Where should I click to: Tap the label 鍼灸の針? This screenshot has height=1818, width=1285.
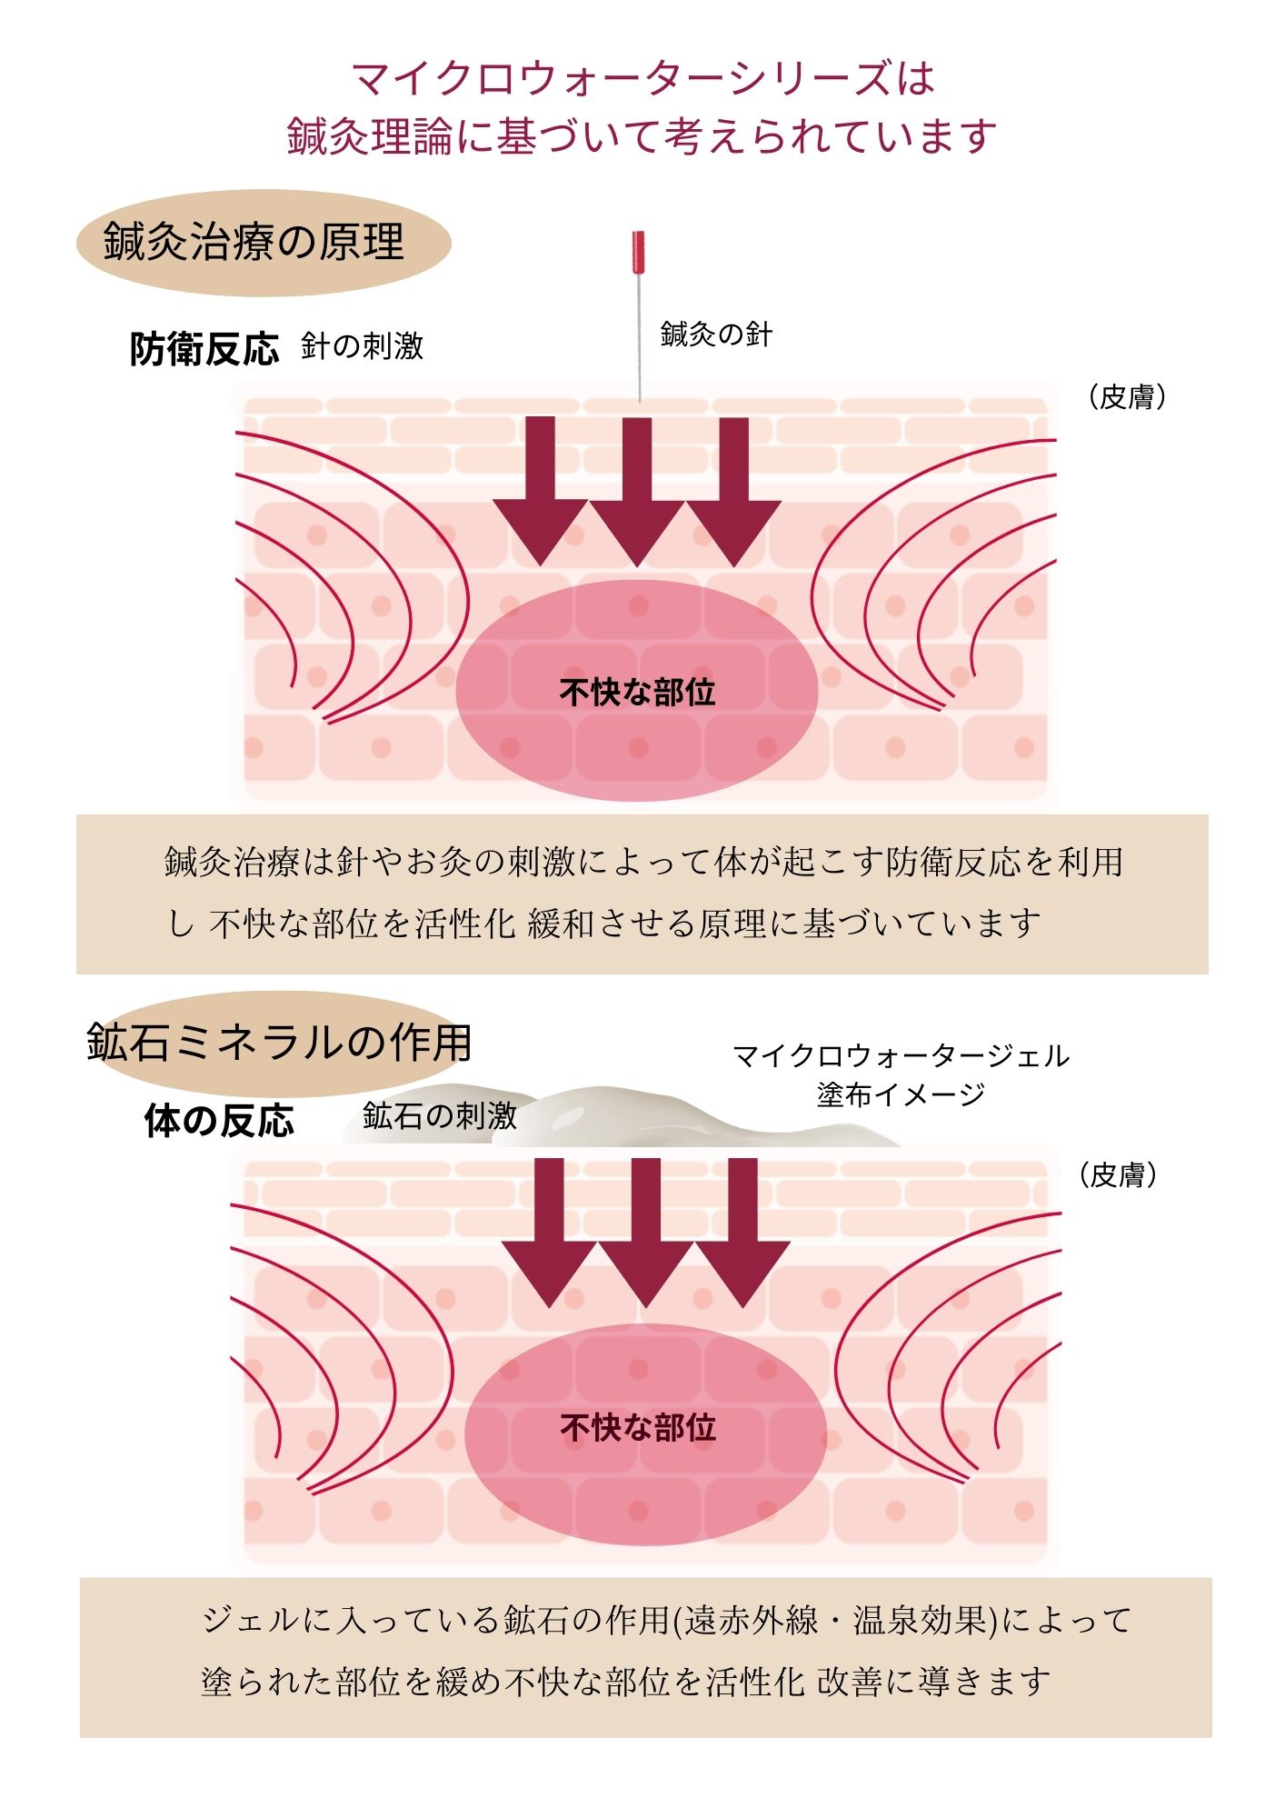pyautogui.click(x=716, y=335)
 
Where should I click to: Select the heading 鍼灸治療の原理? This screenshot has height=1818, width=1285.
pyautogui.click(x=254, y=243)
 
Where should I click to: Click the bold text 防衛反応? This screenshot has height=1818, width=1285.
pyautogui.click(x=204, y=349)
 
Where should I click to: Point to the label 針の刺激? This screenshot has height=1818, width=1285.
pyautogui.click(x=362, y=346)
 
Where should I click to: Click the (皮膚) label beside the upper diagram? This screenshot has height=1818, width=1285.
pyautogui.click(x=1127, y=397)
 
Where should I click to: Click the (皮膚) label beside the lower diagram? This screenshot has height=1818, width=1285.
pyautogui.click(x=1118, y=1175)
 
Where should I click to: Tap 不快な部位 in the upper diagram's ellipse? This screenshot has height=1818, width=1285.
pyautogui.click(x=637, y=693)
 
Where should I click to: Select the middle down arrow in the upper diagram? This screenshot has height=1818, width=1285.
pyautogui.click(x=637, y=491)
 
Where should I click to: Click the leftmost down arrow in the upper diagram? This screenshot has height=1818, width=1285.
pyautogui.click(x=541, y=491)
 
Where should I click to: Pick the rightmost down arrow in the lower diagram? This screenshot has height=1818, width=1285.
pyautogui.click(x=742, y=1232)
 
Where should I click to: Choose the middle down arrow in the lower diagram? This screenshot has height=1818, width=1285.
pyautogui.click(x=645, y=1232)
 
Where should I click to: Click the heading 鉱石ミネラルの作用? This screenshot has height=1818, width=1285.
pyautogui.click(x=279, y=1043)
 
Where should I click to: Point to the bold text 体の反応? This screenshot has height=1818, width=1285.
pyautogui.click(x=219, y=1122)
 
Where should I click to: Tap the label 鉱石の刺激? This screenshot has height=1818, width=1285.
pyautogui.click(x=440, y=1115)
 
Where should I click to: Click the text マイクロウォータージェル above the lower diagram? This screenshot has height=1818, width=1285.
pyautogui.click(x=901, y=1056)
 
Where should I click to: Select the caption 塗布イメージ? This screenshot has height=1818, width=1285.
pyautogui.click(x=901, y=1094)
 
